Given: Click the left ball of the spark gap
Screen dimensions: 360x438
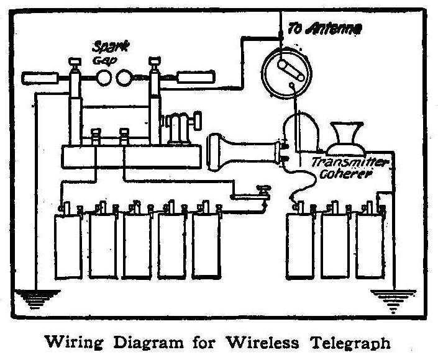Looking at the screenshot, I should tap(105, 78).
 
